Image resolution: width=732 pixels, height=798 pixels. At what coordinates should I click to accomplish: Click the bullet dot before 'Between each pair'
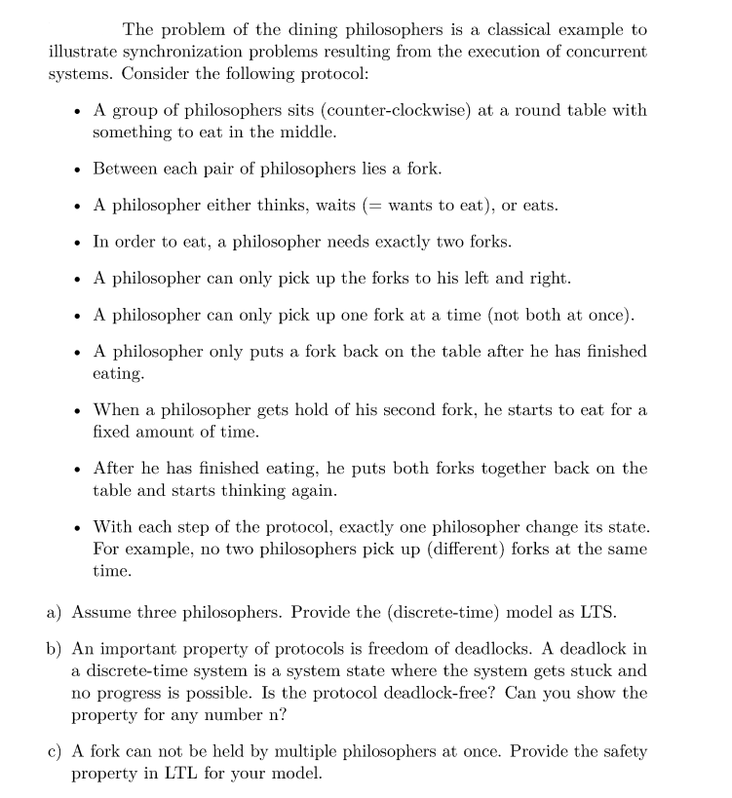(76, 170)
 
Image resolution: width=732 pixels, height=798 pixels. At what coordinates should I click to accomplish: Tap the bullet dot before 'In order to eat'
(76, 242)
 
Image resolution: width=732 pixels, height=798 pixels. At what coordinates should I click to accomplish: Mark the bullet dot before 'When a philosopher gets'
(76, 410)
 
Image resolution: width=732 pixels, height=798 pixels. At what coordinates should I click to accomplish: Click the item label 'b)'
(57, 649)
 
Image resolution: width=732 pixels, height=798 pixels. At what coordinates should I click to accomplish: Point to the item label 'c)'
(57, 751)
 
